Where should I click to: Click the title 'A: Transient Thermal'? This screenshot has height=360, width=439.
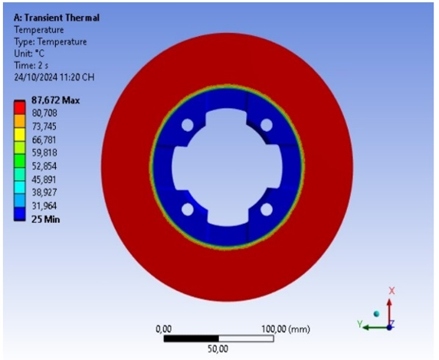point(57,18)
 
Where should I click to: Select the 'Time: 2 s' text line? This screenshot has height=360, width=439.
point(31,66)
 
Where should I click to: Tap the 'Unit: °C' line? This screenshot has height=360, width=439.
point(29,53)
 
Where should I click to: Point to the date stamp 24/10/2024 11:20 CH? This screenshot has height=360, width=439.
point(54,77)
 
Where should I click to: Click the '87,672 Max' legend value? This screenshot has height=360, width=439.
point(55,100)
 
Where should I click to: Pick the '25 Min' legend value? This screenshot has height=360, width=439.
point(46,219)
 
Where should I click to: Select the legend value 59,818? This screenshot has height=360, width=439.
point(44,153)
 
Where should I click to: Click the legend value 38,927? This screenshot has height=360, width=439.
point(44,192)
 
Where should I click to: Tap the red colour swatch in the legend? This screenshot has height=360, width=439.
point(20,108)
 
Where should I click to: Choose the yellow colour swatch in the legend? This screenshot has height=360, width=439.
point(20,134)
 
